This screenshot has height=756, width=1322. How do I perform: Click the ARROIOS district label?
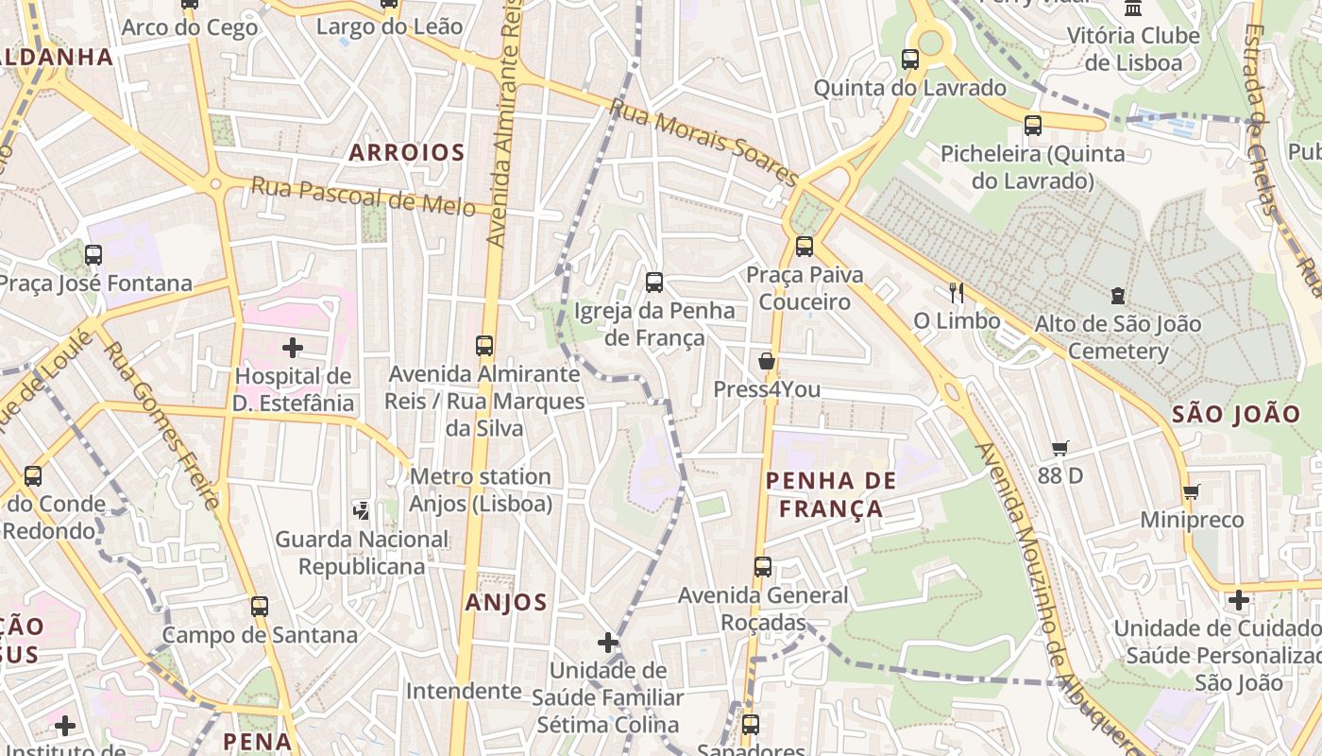[x=406, y=152]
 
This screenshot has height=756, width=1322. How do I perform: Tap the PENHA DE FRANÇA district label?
[x=831, y=494]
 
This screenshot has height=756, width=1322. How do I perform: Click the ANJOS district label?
[x=506, y=602]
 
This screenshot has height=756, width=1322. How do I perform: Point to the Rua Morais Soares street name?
[x=703, y=142]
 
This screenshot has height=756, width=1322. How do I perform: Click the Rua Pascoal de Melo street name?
[x=363, y=196]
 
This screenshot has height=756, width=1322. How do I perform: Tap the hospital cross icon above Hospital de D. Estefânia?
[x=293, y=348]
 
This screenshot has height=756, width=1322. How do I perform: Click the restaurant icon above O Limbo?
[x=957, y=293]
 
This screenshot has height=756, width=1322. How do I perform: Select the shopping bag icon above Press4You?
[x=766, y=361]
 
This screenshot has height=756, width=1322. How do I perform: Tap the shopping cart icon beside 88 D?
[x=1059, y=448]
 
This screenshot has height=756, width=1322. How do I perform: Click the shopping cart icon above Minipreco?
[x=1191, y=491]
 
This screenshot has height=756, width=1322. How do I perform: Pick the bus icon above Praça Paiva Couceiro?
[x=805, y=247]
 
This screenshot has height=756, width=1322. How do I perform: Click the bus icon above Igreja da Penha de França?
[x=653, y=283]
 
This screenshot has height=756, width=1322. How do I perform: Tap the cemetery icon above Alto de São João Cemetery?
[x=1118, y=296]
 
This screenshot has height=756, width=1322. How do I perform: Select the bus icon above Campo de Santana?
[x=259, y=607]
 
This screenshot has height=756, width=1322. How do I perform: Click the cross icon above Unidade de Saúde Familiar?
[x=608, y=643]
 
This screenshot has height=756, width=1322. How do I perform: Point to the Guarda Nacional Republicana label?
[x=362, y=552]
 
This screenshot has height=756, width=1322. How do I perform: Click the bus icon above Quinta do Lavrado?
[x=910, y=60]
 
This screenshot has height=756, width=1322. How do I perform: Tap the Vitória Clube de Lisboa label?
[x=1133, y=49]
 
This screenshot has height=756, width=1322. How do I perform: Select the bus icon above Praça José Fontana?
[x=93, y=255]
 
